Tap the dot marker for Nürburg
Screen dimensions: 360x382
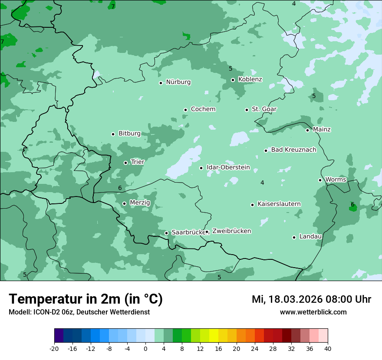pyautogui.click(x=161, y=83)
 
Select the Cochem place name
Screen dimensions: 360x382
pyautogui.click(x=203, y=109)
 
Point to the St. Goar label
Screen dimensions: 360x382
pyautogui.click(x=264, y=109)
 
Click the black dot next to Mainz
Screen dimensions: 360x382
pyautogui.click(x=307, y=130)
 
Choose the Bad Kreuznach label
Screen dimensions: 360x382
pyautogui.click(x=293, y=150)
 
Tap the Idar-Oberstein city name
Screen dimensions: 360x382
pyautogui.click(x=228, y=167)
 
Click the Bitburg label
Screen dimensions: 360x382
pyautogui.click(x=129, y=134)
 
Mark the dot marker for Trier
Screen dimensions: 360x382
pyautogui.click(x=125, y=163)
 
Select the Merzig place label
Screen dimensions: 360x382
pyautogui.click(x=140, y=203)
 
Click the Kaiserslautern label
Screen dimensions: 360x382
pyautogui.click(x=279, y=204)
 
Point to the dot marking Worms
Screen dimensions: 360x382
pyautogui.click(x=320, y=180)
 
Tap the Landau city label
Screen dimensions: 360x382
pyautogui.click(x=310, y=237)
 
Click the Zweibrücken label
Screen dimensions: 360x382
pyautogui.click(x=231, y=231)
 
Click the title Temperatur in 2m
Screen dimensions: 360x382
pyautogui.click(x=86, y=299)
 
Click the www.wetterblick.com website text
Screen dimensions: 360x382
pyautogui.click(x=313, y=312)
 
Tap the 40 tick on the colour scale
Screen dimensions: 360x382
pyautogui.click(x=327, y=348)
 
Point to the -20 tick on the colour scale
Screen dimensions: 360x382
pyautogui.click(x=54, y=348)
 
